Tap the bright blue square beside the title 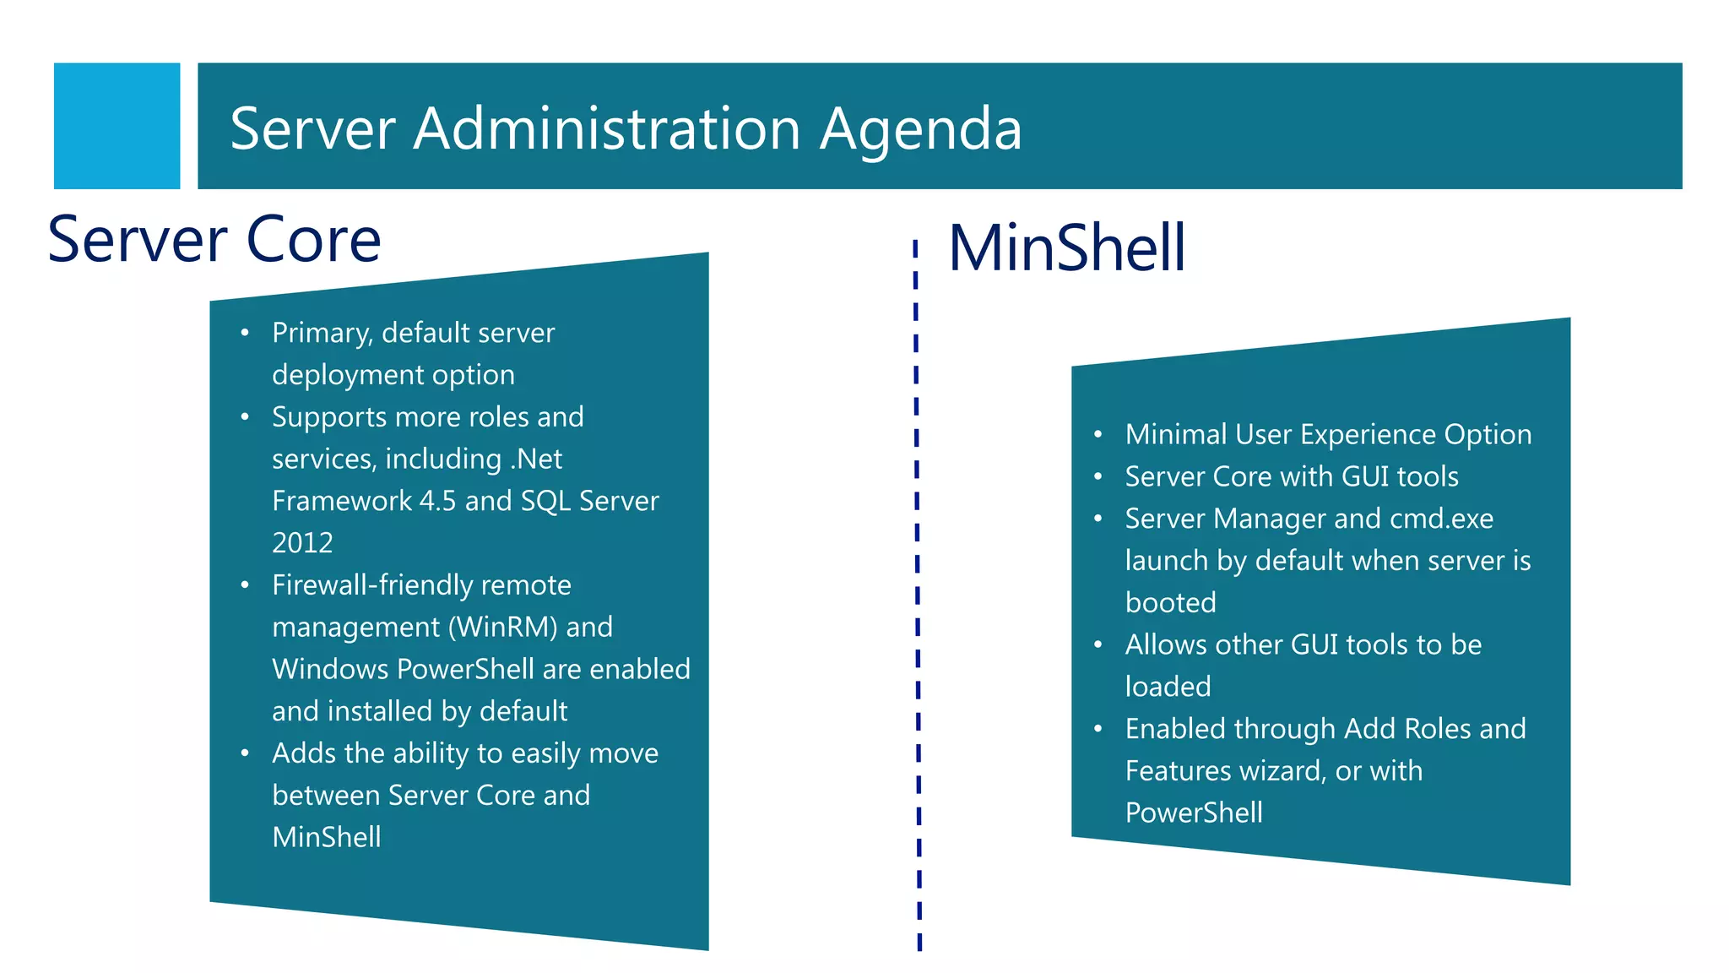[117, 126]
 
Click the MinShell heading [1067, 247]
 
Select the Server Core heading [214, 240]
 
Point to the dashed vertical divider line [918, 591]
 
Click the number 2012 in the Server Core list [302, 543]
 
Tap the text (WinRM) [502, 628]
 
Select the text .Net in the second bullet [536, 459]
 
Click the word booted [1170, 603]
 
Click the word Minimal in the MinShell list [1176, 435]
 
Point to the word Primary [322, 334]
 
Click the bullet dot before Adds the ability [245, 753]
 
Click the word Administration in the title [606, 129]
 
